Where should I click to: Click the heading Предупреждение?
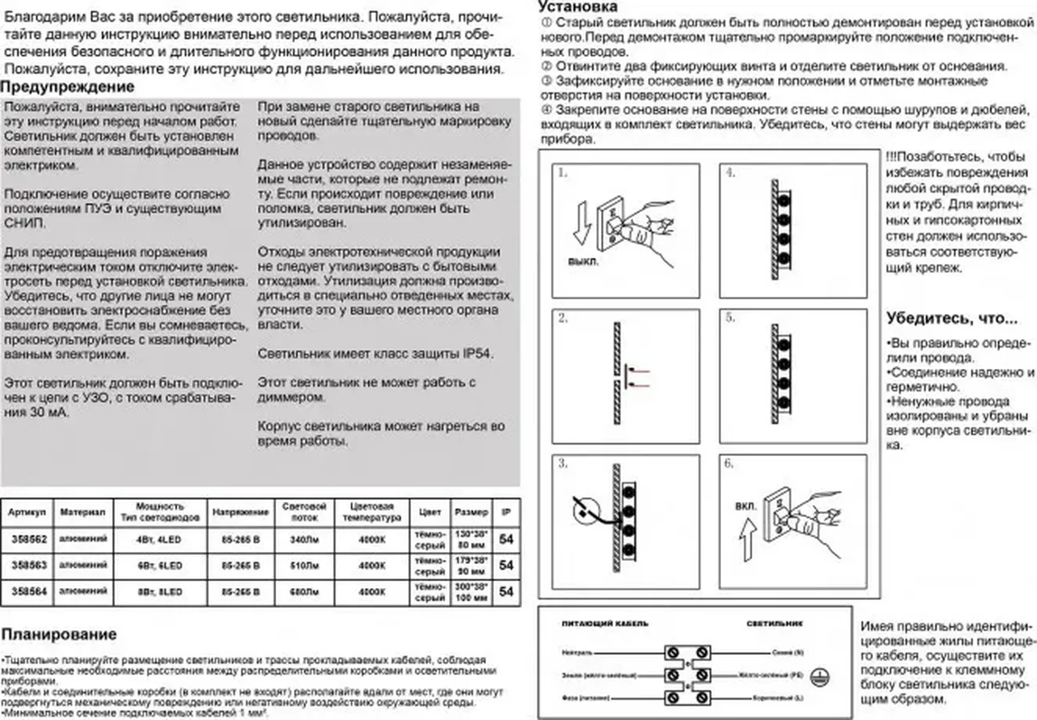tap(67, 87)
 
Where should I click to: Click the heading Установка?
tap(578, 7)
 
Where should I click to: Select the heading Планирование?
tap(58, 634)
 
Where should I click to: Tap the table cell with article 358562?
tap(29, 539)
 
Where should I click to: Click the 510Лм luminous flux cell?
tap(304, 566)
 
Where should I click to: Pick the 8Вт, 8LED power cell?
tap(159, 592)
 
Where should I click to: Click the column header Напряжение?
tap(240, 512)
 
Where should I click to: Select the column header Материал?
tap(83, 512)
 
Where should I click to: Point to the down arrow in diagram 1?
tap(582, 224)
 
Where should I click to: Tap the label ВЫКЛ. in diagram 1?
tap(583, 262)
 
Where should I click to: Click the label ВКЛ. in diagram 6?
tap(746, 506)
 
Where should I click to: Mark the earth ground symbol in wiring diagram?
tap(819, 677)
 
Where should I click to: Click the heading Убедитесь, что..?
tap(951, 318)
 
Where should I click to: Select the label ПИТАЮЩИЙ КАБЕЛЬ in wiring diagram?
tap(605, 624)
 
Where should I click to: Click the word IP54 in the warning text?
tap(477, 354)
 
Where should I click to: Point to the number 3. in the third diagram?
tap(563, 463)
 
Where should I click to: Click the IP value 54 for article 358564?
tap(506, 592)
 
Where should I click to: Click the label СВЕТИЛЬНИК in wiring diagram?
tap(774, 624)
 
